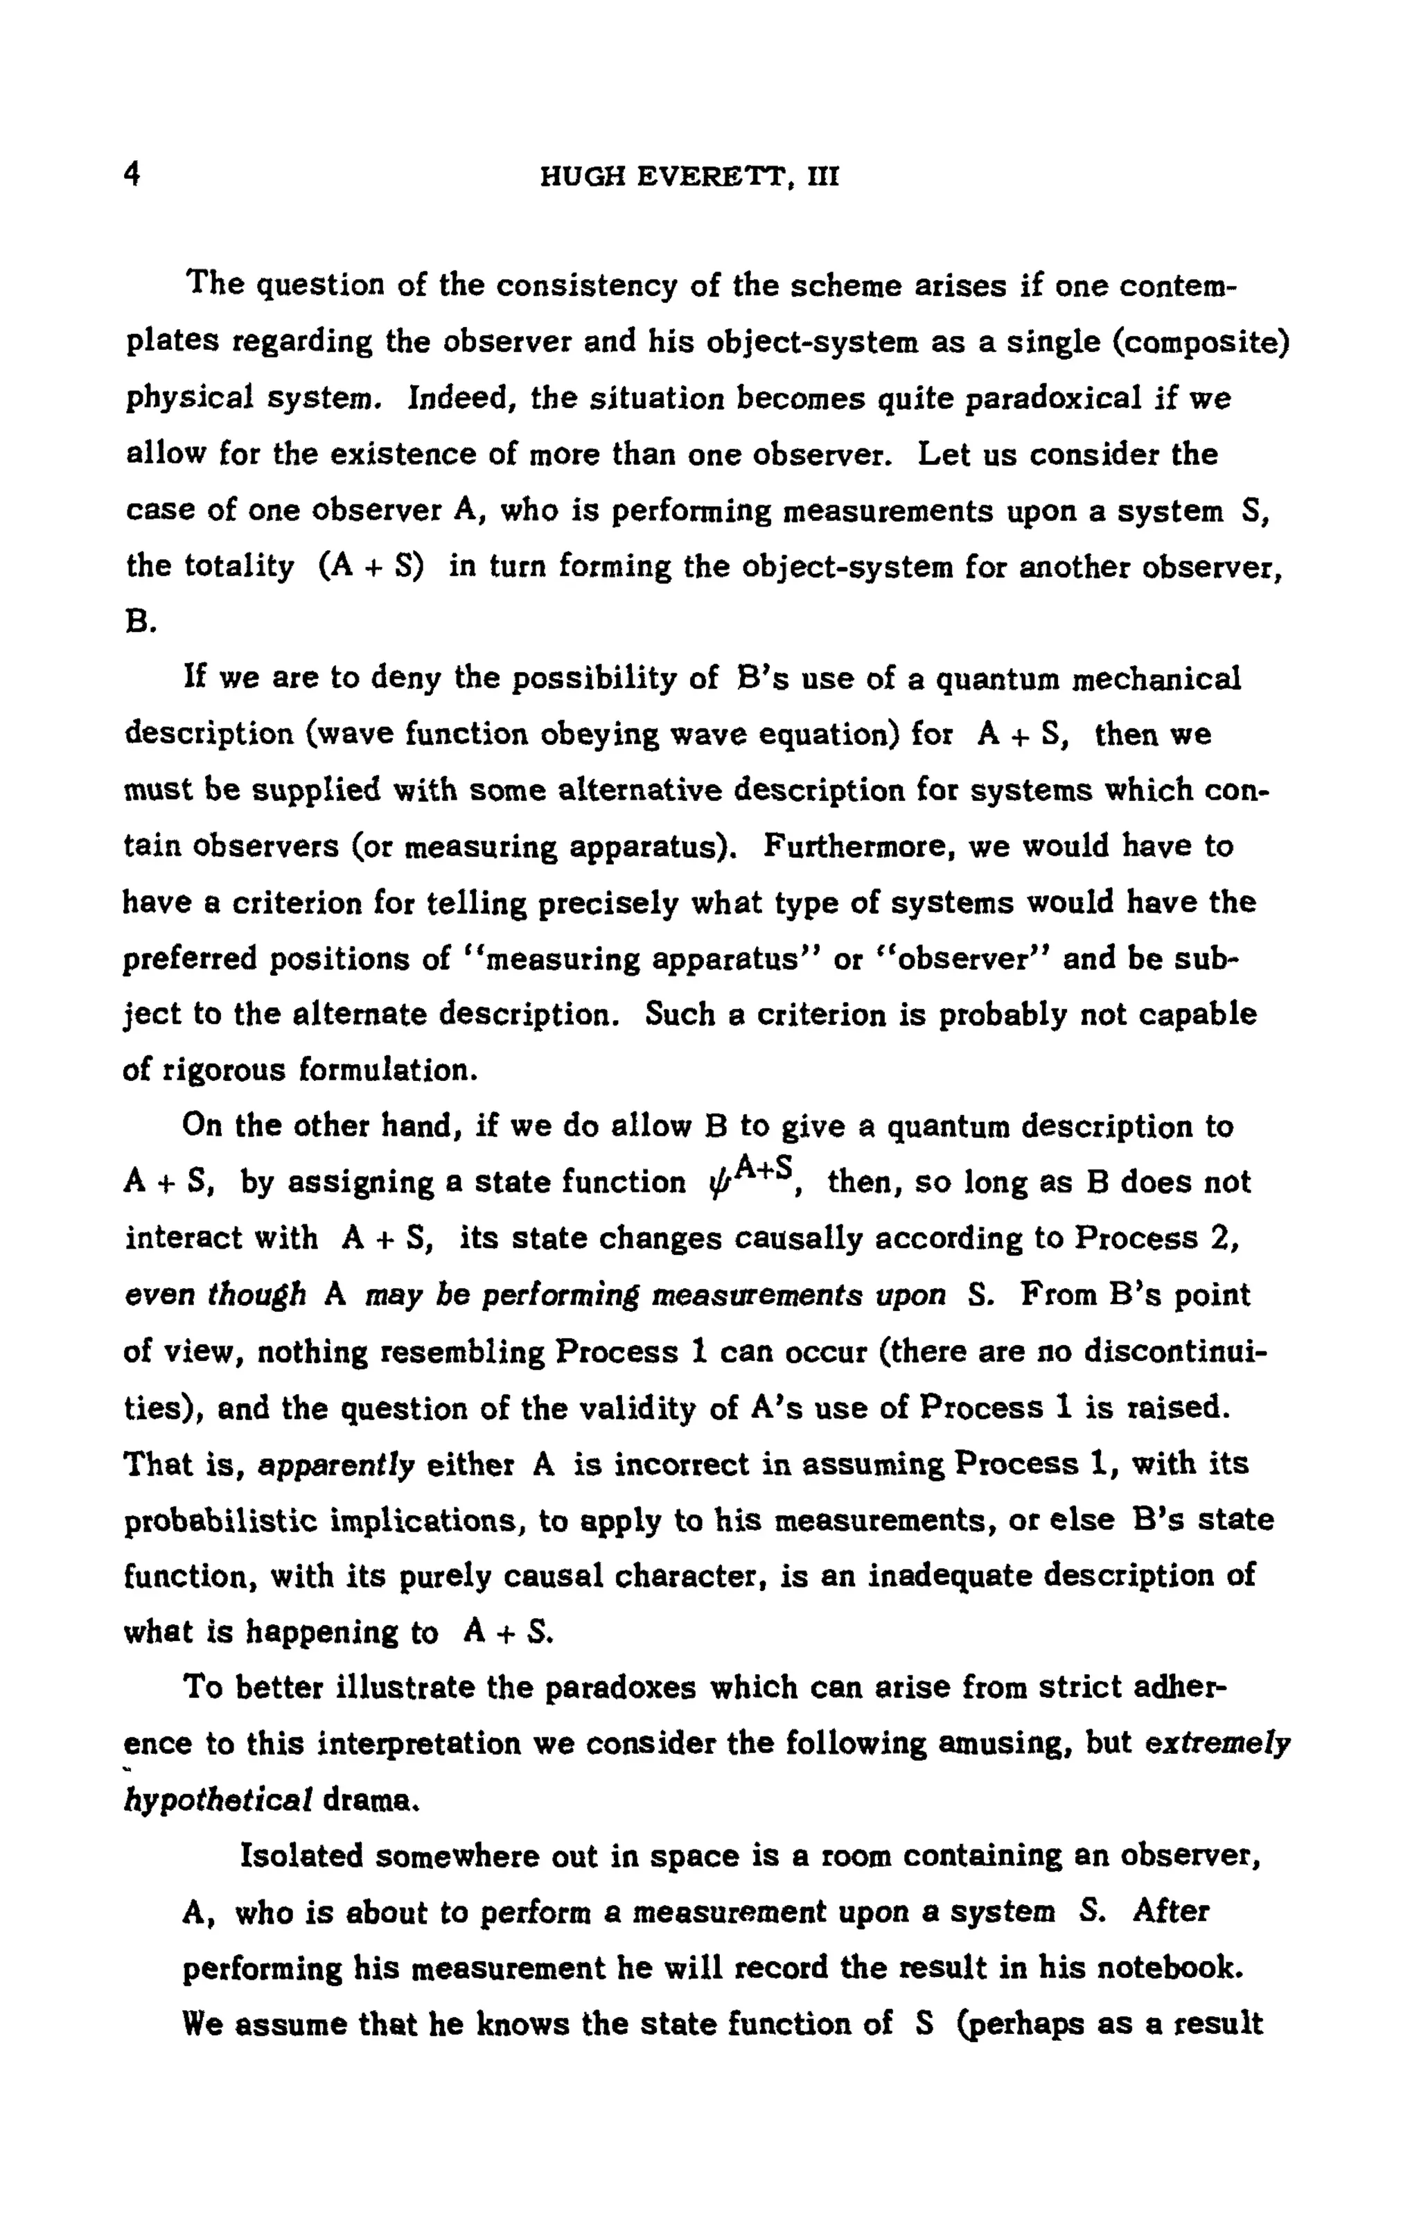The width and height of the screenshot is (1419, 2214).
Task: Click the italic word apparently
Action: [336, 1464]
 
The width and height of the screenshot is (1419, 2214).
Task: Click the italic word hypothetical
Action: [218, 1800]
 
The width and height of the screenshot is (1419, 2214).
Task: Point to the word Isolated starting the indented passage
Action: [301, 1856]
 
